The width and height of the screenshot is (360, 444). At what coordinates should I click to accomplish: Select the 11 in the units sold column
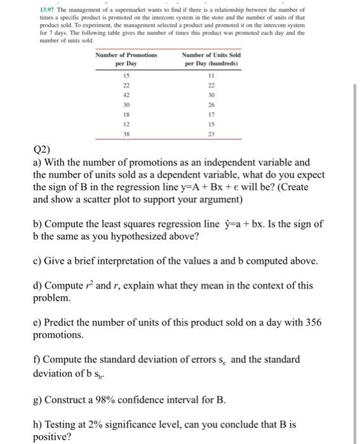[211, 75]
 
